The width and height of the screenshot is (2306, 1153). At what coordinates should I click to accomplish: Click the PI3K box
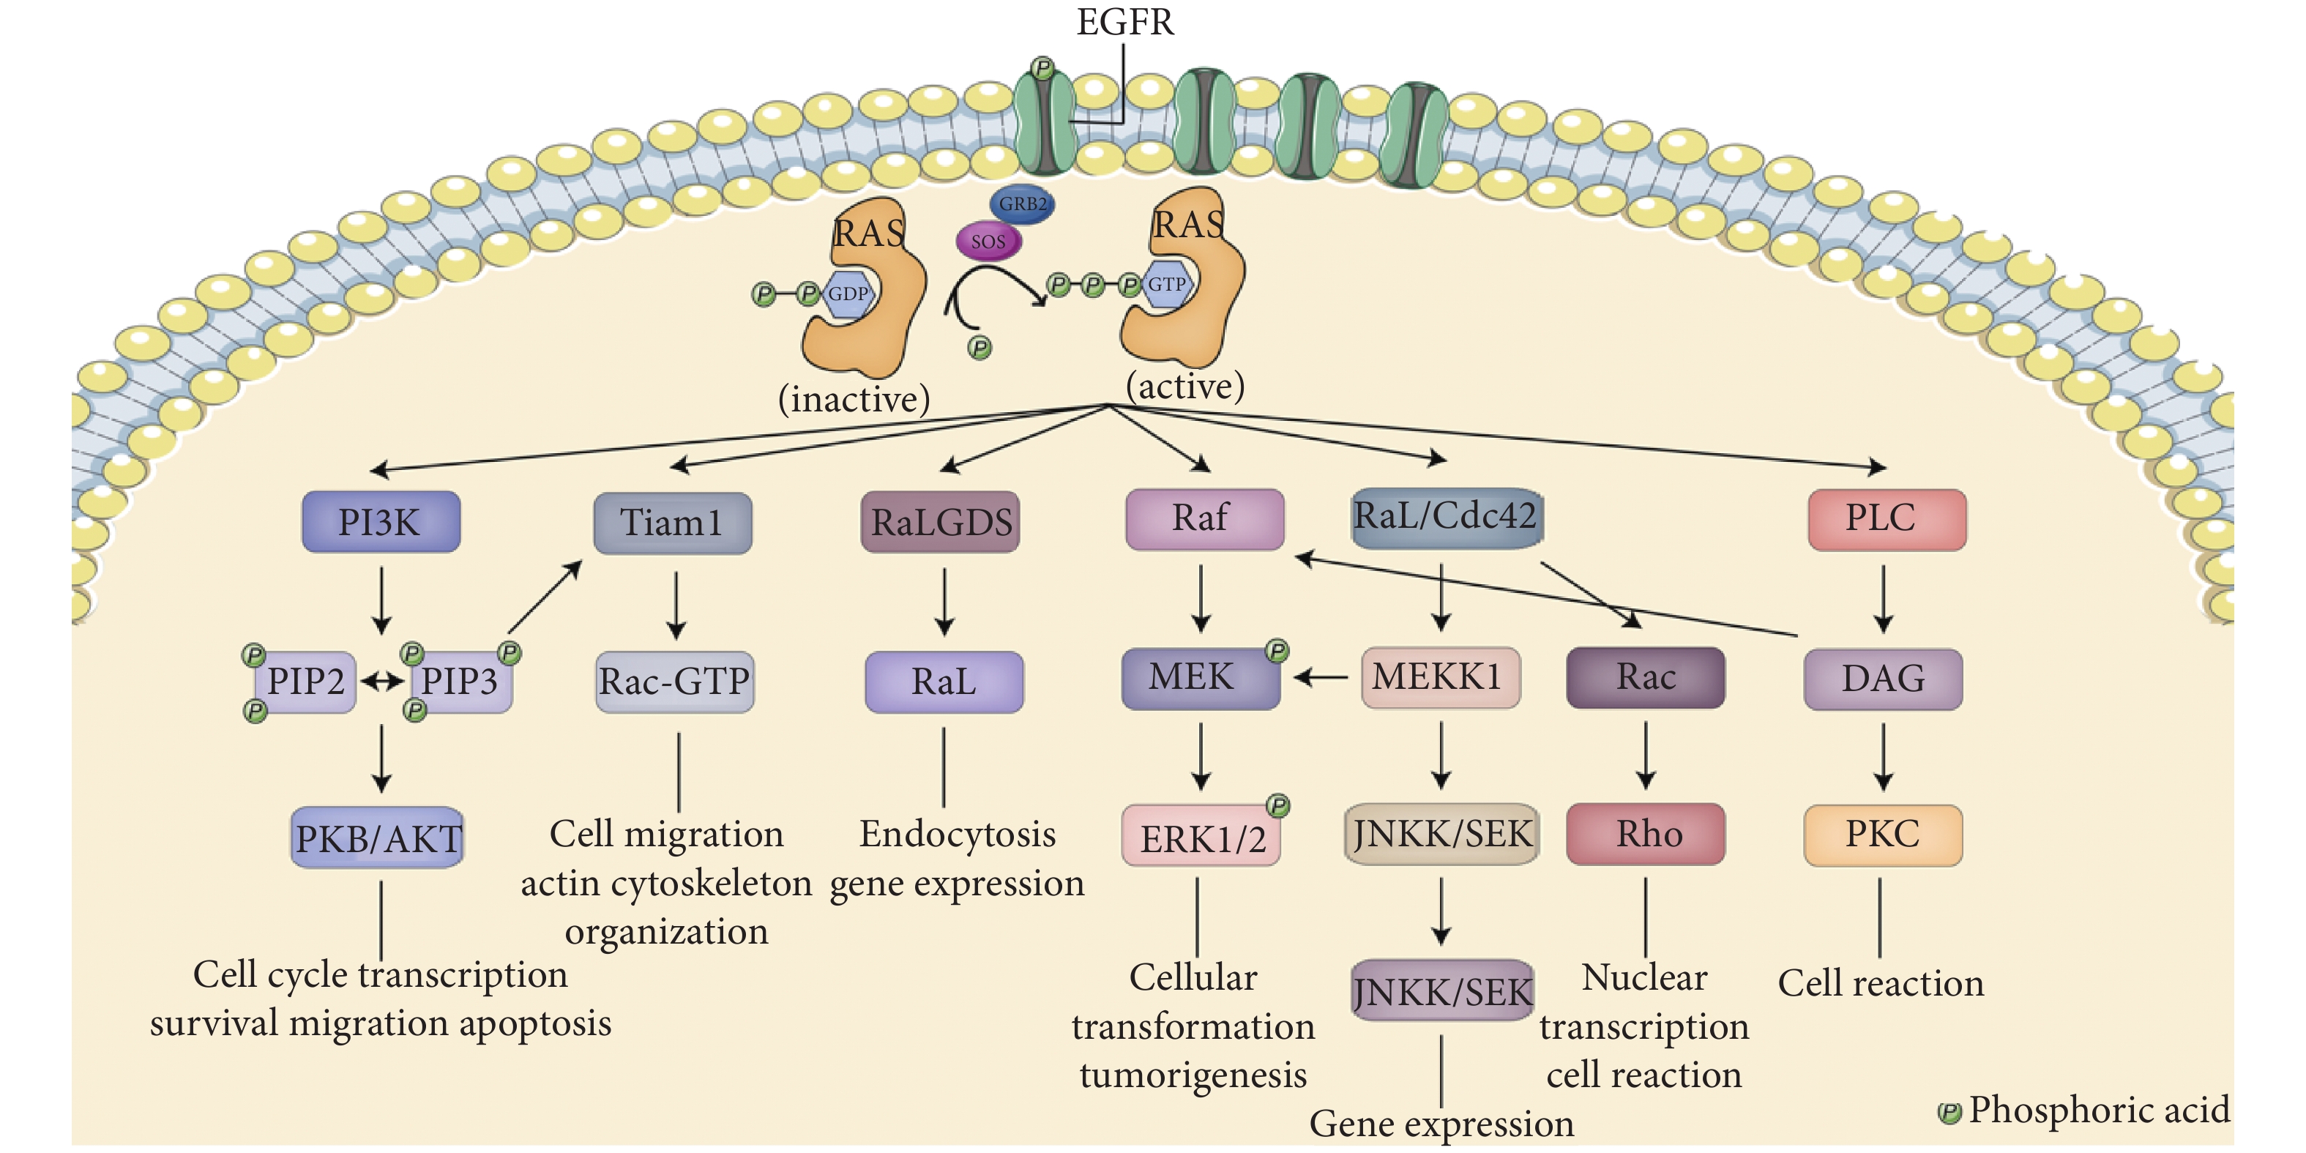(381, 522)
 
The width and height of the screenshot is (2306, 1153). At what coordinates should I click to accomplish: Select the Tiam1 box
(672, 523)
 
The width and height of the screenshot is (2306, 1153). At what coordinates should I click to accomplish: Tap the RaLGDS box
(940, 522)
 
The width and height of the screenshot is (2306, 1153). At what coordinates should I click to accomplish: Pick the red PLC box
(1886, 519)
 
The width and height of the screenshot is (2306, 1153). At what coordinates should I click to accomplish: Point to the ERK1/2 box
(1201, 837)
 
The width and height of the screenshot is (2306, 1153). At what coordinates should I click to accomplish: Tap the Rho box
(1646, 833)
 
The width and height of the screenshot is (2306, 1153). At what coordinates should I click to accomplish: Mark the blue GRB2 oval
(1021, 204)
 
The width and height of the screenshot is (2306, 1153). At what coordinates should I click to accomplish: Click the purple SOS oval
(988, 241)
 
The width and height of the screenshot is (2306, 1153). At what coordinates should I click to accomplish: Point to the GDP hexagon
(847, 294)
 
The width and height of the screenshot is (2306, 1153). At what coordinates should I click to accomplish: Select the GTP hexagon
(1165, 284)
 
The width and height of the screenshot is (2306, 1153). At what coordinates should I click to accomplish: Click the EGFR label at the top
(1124, 21)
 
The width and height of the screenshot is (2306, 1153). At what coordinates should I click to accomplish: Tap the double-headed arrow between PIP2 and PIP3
(382, 682)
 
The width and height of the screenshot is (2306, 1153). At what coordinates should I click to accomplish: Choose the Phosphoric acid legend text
(2097, 1110)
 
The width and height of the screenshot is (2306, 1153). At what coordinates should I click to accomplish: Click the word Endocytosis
(957, 835)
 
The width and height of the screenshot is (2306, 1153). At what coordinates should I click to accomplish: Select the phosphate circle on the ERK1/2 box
(1277, 806)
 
